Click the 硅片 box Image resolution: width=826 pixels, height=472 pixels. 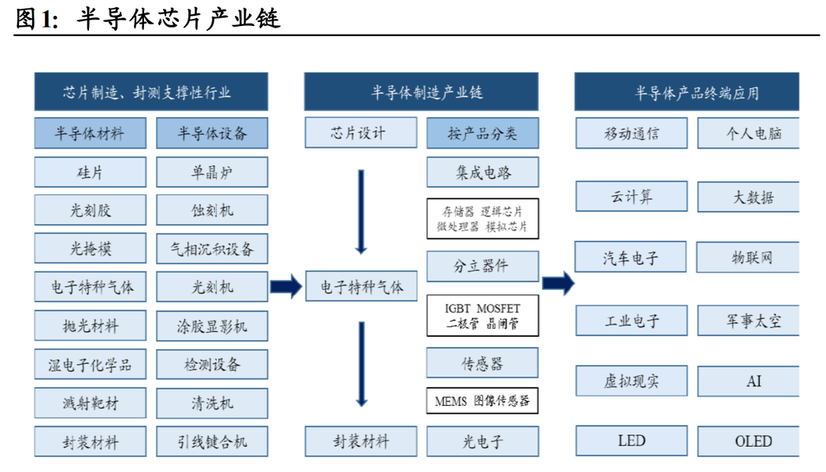pyautogui.click(x=90, y=172)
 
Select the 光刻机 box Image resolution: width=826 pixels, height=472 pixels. pyautogui.click(x=212, y=287)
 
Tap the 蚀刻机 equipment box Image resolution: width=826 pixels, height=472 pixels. pyautogui.click(x=212, y=211)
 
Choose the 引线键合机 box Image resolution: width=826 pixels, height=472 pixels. pyautogui.click(x=212, y=441)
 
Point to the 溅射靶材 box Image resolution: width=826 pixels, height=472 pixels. pyautogui.click(x=90, y=403)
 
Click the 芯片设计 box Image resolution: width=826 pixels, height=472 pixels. pyautogui.click(x=361, y=133)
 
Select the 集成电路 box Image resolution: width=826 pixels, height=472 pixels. pyautogui.click(x=483, y=172)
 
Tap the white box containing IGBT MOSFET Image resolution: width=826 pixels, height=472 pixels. pyautogui.click(x=483, y=315)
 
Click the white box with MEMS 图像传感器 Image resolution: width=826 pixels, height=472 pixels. pyautogui.click(x=483, y=401)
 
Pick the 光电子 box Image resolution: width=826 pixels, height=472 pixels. pyautogui.click(x=483, y=441)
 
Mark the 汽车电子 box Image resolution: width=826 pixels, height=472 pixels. pyautogui.click(x=631, y=256)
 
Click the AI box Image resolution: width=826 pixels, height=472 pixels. pyautogui.click(x=749, y=381)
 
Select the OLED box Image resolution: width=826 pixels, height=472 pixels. pyautogui.click(x=749, y=441)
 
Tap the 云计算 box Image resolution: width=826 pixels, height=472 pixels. pyautogui.click(x=632, y=196)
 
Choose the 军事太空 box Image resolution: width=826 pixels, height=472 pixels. pyautogui.click(x=749, y=320)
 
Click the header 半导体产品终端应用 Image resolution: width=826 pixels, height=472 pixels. pyautogui.click(x=687, y=92)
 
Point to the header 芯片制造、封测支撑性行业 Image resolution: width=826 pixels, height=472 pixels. pyautogui.click(x=151, y=92)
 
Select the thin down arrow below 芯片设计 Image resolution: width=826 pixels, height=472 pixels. pyautogui.click(x=361, y=212)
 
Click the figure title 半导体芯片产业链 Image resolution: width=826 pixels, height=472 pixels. pyautogui.click(x=179, y=18)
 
